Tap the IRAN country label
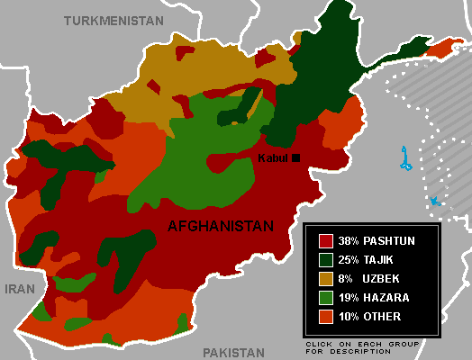[x=20, y=289]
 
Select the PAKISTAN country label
[x=233, y=353]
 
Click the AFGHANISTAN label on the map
[x=220, y=227]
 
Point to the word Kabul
[x=273, y=158]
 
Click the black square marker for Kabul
[x=295, y=158]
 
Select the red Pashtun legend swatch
[x=325, y=240]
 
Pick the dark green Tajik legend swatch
[x=325, y=259]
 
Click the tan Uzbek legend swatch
[x=325, y=278]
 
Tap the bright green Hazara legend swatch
[x=325, y=297]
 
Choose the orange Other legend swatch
[x=325, y=316]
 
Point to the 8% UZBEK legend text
[x=365, y=278]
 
